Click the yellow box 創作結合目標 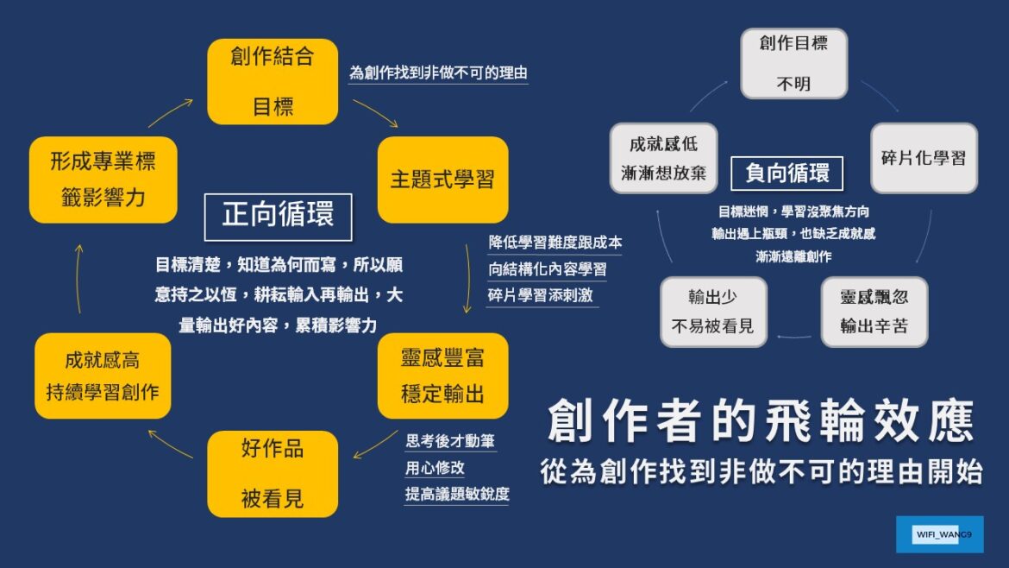coord(273,82)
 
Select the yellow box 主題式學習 coord(442,180)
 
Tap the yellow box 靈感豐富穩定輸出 coord(442,376)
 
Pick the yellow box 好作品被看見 coord(273,474)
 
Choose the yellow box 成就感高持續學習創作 coord(103,376)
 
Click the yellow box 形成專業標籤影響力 coord(103,180)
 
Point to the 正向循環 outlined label coord(278,216)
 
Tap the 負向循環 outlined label coord(787,174)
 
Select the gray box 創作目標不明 coord(793,64)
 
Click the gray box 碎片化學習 coord(923,158)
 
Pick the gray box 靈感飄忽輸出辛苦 coord(874,312)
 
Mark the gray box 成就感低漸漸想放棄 coord(663,158)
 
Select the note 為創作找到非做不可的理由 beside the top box coord(437,73)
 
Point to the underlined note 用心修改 coord(435,468)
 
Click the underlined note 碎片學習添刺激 coord(540,295)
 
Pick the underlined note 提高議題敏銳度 coord(456,495)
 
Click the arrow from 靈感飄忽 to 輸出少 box coord(793,335)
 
